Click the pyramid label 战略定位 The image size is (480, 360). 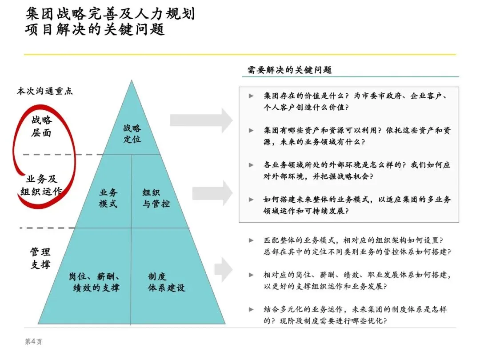[132, 133]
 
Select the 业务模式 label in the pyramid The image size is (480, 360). [108, 198]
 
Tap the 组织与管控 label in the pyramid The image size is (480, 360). [156, 198]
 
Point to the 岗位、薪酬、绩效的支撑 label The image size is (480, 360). [94, 282]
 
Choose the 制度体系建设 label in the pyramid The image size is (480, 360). [166, 282]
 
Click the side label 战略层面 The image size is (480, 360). [41, 126]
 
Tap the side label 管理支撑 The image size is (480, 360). [40, 258]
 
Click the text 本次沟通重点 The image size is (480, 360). [44, 91]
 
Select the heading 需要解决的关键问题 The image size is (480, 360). [289, 70]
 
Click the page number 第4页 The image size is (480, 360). [33, 341]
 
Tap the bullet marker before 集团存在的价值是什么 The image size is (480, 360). [252, 96]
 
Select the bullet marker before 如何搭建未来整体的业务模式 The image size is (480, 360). [252, 200]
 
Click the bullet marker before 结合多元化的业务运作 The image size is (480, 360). [252, 309]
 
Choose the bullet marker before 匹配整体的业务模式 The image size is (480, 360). [252, 240]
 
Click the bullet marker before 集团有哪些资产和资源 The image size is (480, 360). [252, 130]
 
